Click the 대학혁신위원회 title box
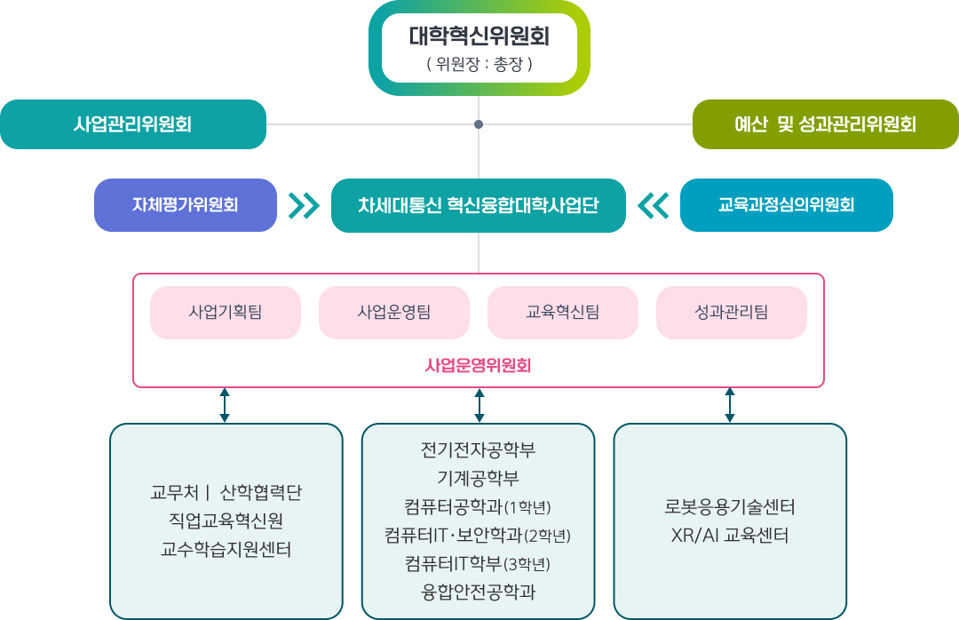pyautogui.click(x=479, y=48)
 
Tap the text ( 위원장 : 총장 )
pyautogui.click(x=479, y=64)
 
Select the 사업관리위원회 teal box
pyautogui.click(x=133, y=124)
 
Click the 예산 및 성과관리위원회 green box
pyautogui.click(x=826, y=124)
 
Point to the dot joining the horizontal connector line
pyautogui.click(x=479, y=124)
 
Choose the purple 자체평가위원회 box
pyautogui.click(x=186, y=205)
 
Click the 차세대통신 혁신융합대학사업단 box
pyautogui.click(x=479, y=205)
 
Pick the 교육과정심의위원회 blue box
pyautogui.click(x=787, y=205)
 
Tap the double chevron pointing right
pyautogui.click(x=304, y=206)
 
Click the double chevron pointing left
pyautogui.click(x=654, y=206)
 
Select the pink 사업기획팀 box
pyautogui.click(x=226, y=312)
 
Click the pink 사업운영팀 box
pyautogui.click(x=394, y=312)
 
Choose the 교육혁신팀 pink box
pyautogui.click(x=563, y=312)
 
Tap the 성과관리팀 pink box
pyautogui.click(x=732, y=312)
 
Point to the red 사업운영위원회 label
pyautogui.click(x=479, y=366)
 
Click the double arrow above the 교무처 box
pyautogui.click(x=225, y=405)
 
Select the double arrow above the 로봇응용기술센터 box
pyautogui.click(x=730, y=405)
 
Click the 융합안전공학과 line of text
pyautogui.click(x=479, y=592)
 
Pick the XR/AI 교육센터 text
pyautogui.click(x=730, y=536)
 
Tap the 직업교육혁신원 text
pyautogui.click(x=226, y=521)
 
